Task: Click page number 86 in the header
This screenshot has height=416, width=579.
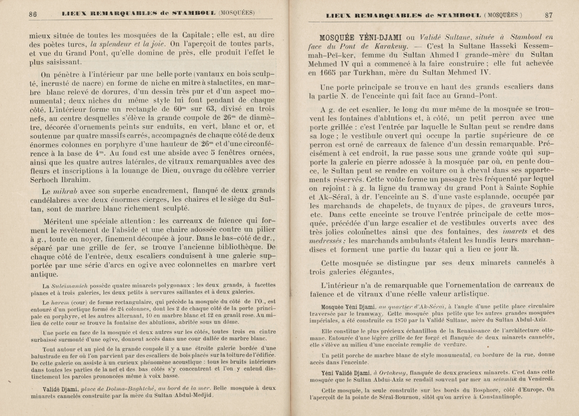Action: click(x=33, y=14)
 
